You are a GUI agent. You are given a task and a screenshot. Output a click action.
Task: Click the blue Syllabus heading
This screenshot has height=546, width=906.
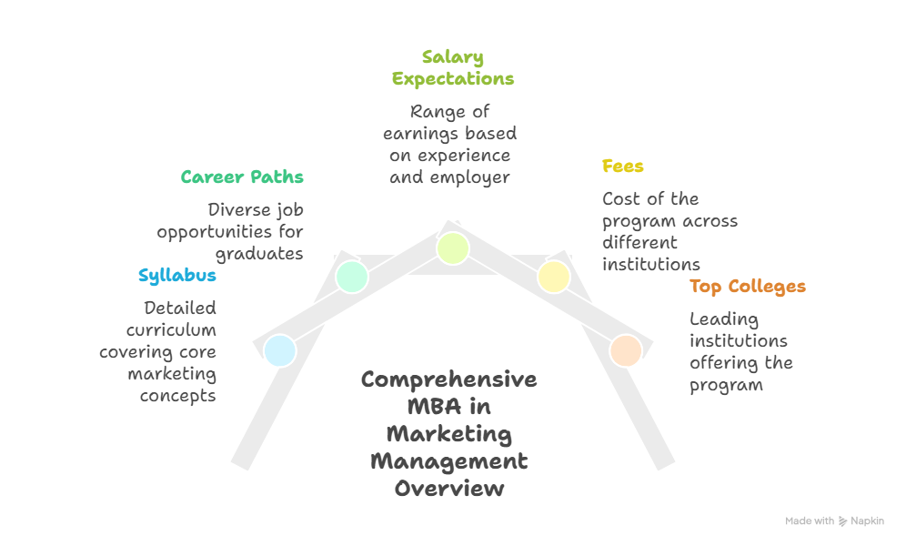[176, 276]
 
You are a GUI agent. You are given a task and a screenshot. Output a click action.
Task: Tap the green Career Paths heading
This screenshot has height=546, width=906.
[241, 177]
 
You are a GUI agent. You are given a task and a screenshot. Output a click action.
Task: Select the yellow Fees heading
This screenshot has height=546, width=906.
[622, 167]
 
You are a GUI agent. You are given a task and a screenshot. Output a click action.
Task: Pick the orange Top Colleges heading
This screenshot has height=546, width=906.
[747, 287]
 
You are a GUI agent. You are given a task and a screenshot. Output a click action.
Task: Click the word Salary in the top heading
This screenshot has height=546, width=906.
[452, 57]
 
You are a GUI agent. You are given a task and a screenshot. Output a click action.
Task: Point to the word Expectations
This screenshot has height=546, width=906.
[452, 79]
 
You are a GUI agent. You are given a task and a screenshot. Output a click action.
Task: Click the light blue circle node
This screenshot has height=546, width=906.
[280, 350]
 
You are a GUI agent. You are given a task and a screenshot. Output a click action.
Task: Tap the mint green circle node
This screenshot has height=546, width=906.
[351, 276]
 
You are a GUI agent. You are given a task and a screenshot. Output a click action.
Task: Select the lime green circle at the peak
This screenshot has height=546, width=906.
[452, 248]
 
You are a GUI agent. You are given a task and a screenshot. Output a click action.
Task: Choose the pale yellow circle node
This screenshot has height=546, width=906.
[553, 276]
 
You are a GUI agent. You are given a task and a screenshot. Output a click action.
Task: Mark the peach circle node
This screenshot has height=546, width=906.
[626, 350]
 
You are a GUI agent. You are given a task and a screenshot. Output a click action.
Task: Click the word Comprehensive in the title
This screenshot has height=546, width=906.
[448, 379]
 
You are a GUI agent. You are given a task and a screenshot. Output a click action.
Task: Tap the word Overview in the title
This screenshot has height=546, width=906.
[448, 489]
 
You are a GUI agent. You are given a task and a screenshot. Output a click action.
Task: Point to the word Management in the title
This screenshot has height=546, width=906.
[448, 461]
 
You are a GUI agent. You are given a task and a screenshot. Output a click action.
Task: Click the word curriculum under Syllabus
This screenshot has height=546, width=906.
[171, 330]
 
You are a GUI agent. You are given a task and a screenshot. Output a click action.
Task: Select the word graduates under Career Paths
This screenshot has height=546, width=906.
[258, 254]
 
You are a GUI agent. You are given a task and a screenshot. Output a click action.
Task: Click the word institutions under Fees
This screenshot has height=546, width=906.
[650, 265]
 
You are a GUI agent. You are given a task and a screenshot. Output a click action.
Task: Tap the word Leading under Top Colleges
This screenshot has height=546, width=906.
[724, 319]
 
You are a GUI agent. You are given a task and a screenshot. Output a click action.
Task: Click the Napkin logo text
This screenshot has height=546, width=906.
[867, 521]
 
